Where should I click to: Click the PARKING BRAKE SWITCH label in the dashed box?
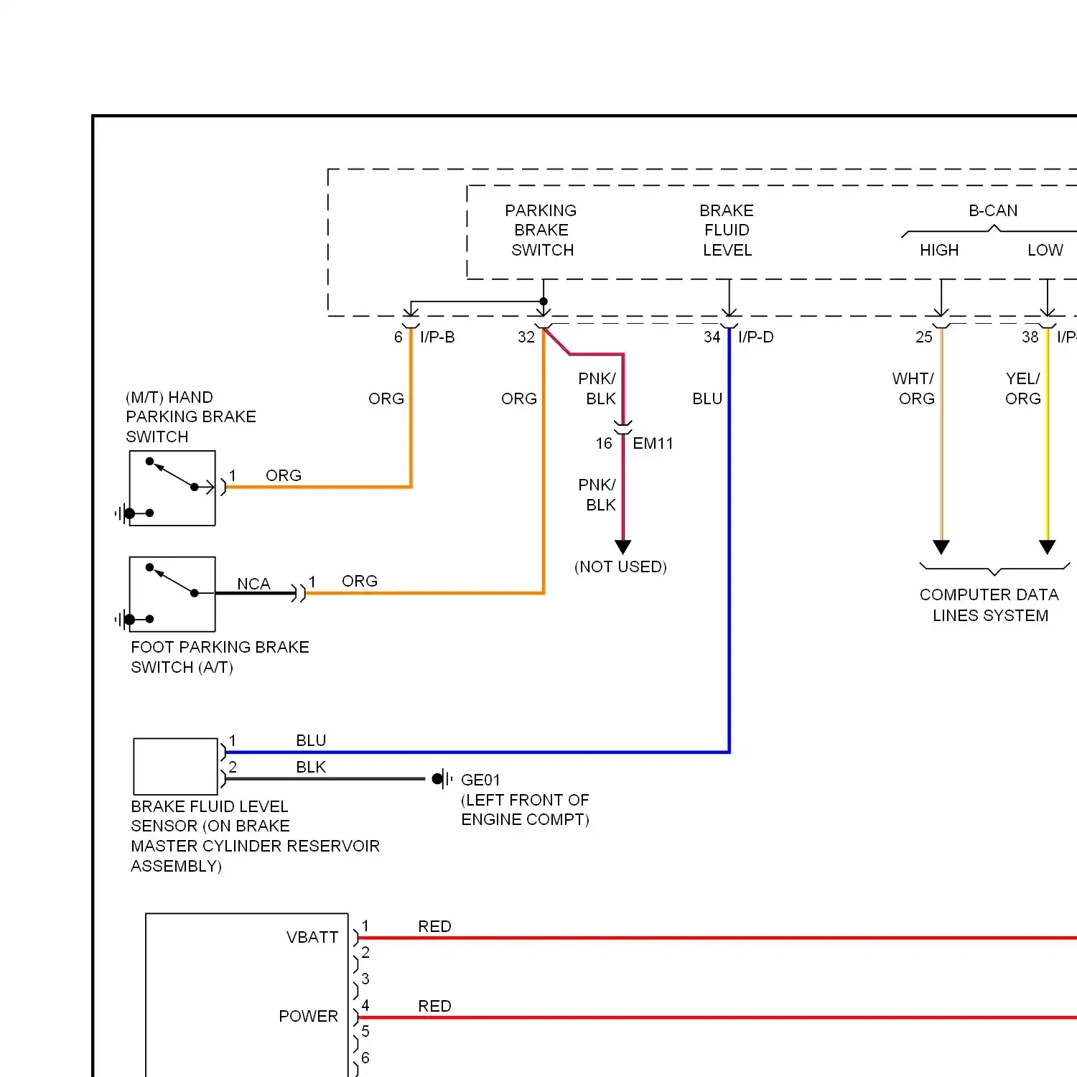click(x=541, y=230)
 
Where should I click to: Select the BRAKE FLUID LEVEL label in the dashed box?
click(x=727, y=230)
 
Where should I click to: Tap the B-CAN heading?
click(x=993, y=210)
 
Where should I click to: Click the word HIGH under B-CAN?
click(x=939, y=250)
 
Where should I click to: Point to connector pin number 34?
click(x=712, y=337)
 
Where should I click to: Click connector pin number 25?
click(x=924, y=337)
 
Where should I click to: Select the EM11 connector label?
click(x=653, y=444)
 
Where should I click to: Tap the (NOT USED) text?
click(x=620, y=567)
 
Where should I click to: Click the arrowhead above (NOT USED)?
click(x=623, y=547)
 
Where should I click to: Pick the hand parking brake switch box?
click(x=172, y=488)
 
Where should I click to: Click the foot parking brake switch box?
click(x=172, y=594)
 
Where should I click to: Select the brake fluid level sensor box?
click(x=176, y=766)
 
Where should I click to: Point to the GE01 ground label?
click(x=480, y=780)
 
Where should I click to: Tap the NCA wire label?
click(x=253, y=584)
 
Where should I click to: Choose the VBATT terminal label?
click(x=312, y=937)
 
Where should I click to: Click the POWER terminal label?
click(x=308, y=1016)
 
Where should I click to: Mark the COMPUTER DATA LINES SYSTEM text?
click(x=989, y=605)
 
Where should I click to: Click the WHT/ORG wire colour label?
click(x=913, y=388)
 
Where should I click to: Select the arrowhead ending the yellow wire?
click(x=1048, y=547)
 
